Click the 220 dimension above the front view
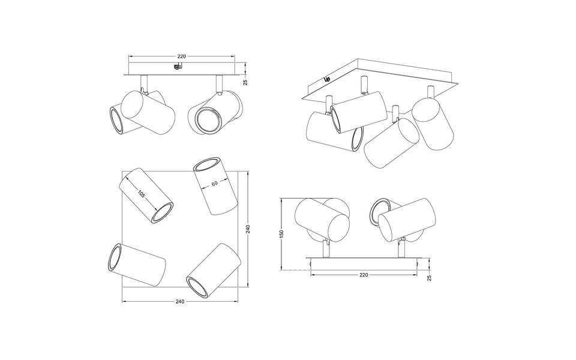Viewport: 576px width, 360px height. (x=181, y=56)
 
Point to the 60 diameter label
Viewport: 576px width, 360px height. (x=214, y=184)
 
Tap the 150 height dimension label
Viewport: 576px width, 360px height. (x=282, y=234)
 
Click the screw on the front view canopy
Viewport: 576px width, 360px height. (x=176, y=68)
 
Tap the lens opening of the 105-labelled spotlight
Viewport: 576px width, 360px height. (x=163, y=213)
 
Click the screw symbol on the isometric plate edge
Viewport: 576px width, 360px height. (x=326, y=78)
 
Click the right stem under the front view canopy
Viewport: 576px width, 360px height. (x=218, y=83)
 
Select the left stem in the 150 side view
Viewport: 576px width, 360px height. (x=325, y=247)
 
